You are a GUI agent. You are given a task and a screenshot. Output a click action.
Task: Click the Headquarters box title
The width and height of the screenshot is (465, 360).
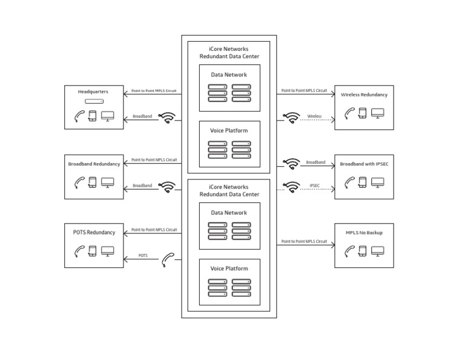click(x=93, y=92)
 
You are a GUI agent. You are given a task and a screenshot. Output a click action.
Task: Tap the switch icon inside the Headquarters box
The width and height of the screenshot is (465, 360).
click(x=94, y=102)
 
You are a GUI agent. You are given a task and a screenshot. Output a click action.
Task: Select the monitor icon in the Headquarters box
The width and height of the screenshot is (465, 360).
click(x=108, y=115)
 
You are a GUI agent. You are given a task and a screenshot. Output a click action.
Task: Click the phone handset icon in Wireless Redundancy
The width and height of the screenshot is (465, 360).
click(x=349, y=113)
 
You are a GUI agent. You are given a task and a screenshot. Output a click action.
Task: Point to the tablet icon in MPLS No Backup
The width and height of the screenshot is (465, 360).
click(x=362, y=250)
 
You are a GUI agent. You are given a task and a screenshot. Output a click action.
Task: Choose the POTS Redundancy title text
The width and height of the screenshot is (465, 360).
click(x=94, y=232)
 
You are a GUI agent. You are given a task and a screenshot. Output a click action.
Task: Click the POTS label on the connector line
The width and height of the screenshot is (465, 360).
click(x=143, y=256)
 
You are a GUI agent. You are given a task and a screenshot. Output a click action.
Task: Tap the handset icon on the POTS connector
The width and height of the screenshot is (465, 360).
click(x=168, y=260)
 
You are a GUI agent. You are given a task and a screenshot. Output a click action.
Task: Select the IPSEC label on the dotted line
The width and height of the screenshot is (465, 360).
click(x=314, y=185)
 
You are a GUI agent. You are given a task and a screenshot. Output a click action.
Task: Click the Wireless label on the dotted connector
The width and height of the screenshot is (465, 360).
click(x=314, y=116)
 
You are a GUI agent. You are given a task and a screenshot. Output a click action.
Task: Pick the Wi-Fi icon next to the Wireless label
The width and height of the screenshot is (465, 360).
click(x=292, y=118)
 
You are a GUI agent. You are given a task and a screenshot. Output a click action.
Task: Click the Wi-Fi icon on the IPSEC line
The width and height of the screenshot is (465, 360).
click(x=292, y=187)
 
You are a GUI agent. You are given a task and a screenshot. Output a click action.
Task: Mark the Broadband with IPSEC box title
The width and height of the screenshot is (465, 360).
click(x=364, y=164)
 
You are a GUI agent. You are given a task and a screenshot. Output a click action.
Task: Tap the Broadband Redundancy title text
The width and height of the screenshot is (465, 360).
click(x=94, y=164)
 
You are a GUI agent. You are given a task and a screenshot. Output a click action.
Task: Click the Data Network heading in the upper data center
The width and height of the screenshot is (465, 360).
click(x=229, y=75)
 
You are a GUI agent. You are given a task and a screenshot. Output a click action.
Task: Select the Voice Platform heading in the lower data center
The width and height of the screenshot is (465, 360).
click(x=229, y=268)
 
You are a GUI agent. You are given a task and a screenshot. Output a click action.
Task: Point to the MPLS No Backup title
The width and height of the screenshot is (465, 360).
click(x=364, y=233)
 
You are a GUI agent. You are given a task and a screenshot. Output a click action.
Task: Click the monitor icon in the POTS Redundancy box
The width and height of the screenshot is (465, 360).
click(x=108, y=250)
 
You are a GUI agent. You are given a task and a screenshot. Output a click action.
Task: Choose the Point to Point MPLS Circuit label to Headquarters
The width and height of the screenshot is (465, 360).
click(x=154, y=91)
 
